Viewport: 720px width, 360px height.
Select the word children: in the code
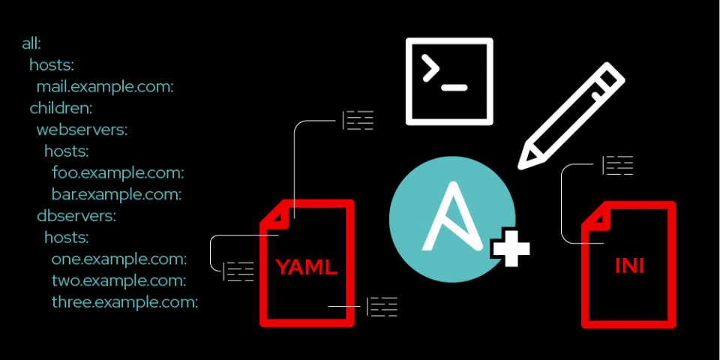[61, 108]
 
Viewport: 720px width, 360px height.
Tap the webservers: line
[82, 130]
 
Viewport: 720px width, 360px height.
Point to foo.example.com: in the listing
[118, 173]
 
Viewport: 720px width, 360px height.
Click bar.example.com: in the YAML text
[117, 195]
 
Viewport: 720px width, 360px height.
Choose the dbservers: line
[76, 216]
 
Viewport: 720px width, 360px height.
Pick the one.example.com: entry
[119, 259]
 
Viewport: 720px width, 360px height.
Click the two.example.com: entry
[118, 281]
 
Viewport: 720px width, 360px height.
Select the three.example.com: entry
[124, 303]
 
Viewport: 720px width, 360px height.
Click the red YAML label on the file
[306, 267]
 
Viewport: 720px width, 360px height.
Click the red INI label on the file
[628, 266]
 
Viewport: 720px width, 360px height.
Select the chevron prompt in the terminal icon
[430, 69]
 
